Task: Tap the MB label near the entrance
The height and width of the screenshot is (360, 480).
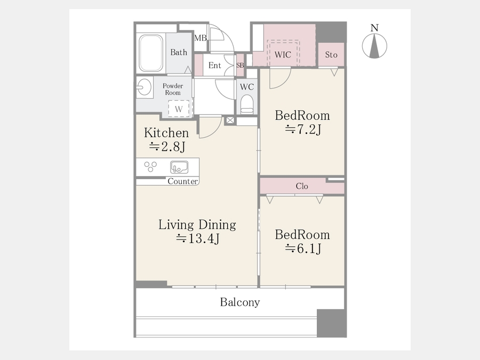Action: [201, 38]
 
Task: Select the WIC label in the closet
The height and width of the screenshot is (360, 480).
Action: [283, 55]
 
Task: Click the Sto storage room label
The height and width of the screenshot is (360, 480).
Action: [331, 55]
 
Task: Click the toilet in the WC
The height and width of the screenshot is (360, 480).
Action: [247, 104]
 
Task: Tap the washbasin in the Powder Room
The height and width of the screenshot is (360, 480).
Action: [144, 87]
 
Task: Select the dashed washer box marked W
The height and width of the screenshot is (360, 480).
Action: [179, 108]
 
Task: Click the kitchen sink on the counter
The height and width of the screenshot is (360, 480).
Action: [179, 167]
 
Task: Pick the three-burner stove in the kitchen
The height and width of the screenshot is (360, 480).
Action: [150, 166]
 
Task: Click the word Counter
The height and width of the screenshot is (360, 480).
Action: [183, 181]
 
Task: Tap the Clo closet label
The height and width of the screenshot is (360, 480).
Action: [302, 186]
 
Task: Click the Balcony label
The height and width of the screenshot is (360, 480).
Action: [240, 302]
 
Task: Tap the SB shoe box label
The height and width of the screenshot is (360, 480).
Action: [241, 65]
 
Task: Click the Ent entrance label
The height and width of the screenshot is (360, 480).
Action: [214, 65]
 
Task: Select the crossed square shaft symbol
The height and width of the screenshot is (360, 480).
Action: [230, 121]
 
